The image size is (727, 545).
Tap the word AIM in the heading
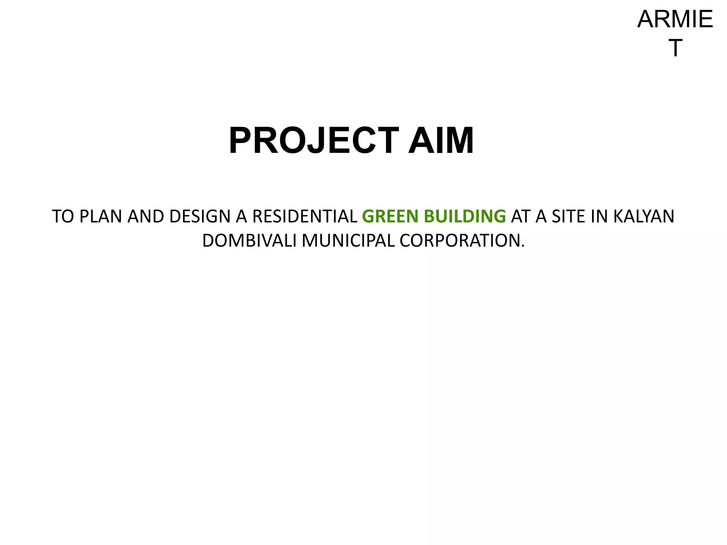coord(441,141)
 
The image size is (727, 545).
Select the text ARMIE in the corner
coord(675,20)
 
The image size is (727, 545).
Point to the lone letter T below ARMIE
coord(675,48)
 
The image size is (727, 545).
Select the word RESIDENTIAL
coord(305,216)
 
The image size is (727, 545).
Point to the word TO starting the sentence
coord(63,216)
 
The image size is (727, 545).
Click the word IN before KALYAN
coord(599,216)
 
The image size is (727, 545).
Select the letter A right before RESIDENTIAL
coord(241,216)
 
